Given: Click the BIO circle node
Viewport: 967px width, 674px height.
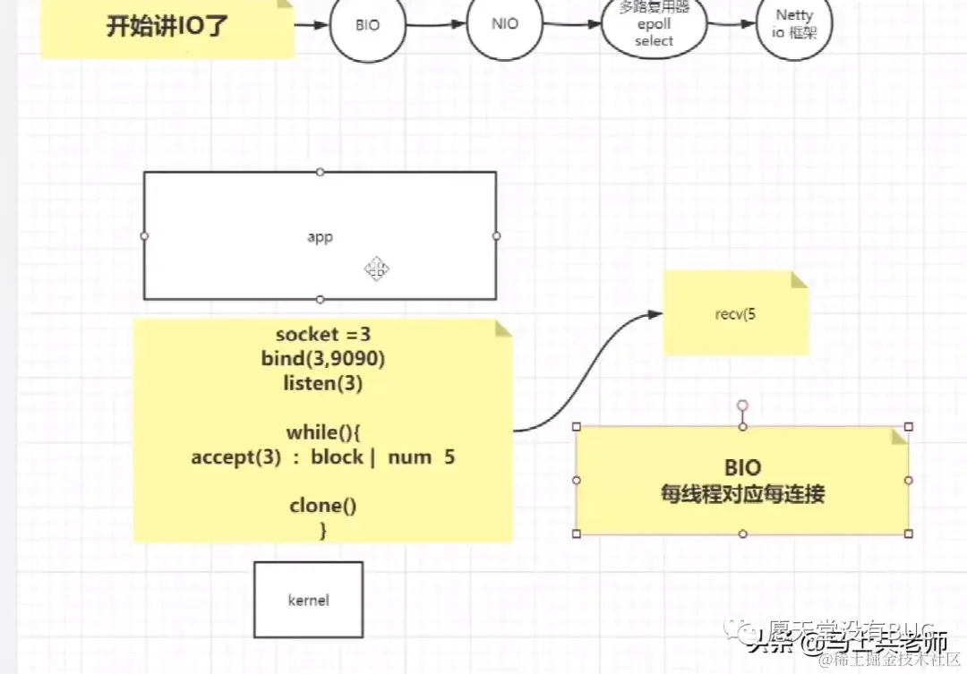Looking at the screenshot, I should coord(367,26).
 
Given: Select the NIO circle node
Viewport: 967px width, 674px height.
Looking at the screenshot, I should coord(505,25).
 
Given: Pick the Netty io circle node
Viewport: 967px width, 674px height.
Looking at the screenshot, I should coord(793,25).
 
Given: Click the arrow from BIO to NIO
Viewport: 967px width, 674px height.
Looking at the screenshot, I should coord(436,25).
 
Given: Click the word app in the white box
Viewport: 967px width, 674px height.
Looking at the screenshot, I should coord(320,237).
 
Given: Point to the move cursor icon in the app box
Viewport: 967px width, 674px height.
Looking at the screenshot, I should coord(376,269).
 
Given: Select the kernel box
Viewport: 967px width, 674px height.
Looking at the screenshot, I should coord(308,600).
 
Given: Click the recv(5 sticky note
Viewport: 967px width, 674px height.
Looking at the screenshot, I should coord(735,314).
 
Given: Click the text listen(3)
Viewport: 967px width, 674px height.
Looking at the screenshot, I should coord(322,383).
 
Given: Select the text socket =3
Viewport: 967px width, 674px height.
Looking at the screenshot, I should coord(322,335).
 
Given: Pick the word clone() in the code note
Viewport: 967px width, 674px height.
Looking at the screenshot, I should coord(322,506).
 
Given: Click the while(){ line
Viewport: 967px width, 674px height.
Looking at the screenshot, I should coord(322,432).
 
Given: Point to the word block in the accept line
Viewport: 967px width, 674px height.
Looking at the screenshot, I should coord(337,457).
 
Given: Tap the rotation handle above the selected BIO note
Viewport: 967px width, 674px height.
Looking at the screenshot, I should coord(741,405).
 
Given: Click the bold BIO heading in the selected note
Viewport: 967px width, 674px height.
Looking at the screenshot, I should coord(741,467).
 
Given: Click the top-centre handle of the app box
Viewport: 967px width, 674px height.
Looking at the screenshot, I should coord(321,172).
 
